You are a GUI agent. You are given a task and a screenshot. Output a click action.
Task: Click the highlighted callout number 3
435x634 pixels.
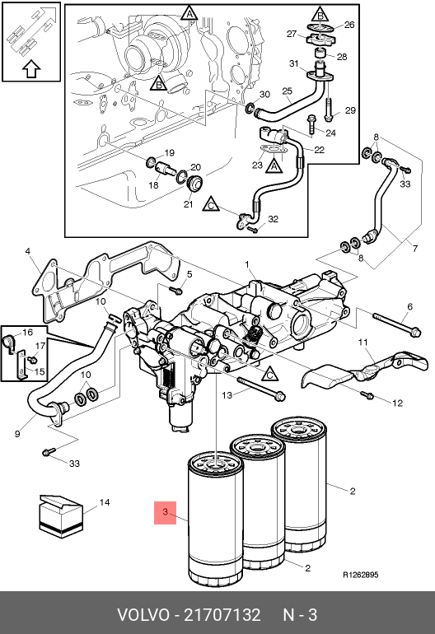click(165, 512)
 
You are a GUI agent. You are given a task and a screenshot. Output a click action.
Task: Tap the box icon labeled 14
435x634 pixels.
click(61, 516)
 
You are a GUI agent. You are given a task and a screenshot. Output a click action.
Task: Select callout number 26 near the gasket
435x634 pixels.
click(349, 25)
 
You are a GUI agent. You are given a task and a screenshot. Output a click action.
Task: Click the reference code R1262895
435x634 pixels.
click(361, 575)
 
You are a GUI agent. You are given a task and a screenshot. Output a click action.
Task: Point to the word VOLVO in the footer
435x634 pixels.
click(143, 615)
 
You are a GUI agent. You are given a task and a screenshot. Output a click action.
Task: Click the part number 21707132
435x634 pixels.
click(222, 615)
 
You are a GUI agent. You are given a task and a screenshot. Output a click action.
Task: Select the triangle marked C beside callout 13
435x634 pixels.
click(270, 374)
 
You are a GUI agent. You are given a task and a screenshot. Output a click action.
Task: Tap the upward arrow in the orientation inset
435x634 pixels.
click(31, 69)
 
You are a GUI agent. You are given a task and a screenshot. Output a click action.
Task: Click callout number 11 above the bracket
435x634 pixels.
click(363, 343)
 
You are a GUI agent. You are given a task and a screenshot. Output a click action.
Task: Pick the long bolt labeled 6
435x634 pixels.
click(397, 324)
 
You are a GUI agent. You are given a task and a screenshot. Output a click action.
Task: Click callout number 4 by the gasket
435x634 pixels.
click(27, 251)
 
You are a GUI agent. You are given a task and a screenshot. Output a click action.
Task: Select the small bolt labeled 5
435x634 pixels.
click(176, 291)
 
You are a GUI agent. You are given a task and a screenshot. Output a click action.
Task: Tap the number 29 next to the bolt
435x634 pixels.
click(350, 110)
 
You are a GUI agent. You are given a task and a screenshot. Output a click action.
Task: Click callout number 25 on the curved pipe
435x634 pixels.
click(288, 91)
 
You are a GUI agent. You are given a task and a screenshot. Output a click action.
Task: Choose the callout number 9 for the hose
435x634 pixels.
click(17, 434)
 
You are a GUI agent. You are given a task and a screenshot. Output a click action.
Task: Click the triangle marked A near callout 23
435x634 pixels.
click(274, 165)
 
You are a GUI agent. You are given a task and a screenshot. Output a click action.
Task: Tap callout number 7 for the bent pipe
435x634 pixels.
click(415, 249)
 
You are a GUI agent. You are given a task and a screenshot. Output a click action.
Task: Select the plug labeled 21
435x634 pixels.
click(195, 184)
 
